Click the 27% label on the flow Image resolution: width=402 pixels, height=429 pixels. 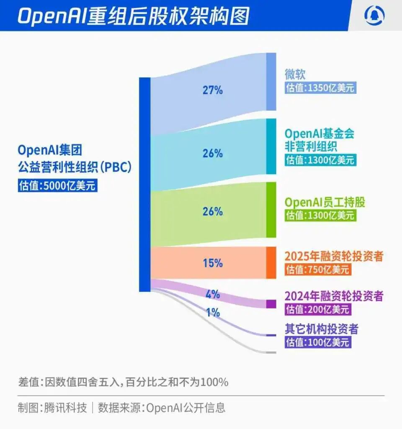point(213,90)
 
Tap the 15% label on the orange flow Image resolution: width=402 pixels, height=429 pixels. point(213,263)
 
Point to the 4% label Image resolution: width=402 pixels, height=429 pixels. point(213,294)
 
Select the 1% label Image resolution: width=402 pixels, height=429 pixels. point(213,313)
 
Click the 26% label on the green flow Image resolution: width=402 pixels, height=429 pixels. point(213,212)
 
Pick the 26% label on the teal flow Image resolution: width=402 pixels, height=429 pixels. point(213,154)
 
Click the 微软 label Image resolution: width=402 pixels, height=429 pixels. point(295,74)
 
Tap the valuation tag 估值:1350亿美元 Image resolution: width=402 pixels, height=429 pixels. point(320,88)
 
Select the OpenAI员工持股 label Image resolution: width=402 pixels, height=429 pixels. point(325,202)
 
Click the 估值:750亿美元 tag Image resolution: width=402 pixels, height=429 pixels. point(317,270)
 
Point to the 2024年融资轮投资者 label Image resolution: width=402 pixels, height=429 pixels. point(334,296)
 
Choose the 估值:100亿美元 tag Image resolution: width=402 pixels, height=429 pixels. point(317,342)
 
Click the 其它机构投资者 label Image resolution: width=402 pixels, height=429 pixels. point(321,329)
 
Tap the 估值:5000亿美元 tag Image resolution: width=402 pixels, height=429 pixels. point(57,186)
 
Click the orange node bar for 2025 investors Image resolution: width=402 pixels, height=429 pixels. point(271,263)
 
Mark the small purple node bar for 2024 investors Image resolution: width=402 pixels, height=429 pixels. point(271,304)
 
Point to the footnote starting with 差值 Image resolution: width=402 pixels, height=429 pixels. point(123,382)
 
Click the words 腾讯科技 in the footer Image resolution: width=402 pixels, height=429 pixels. point(66,408)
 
